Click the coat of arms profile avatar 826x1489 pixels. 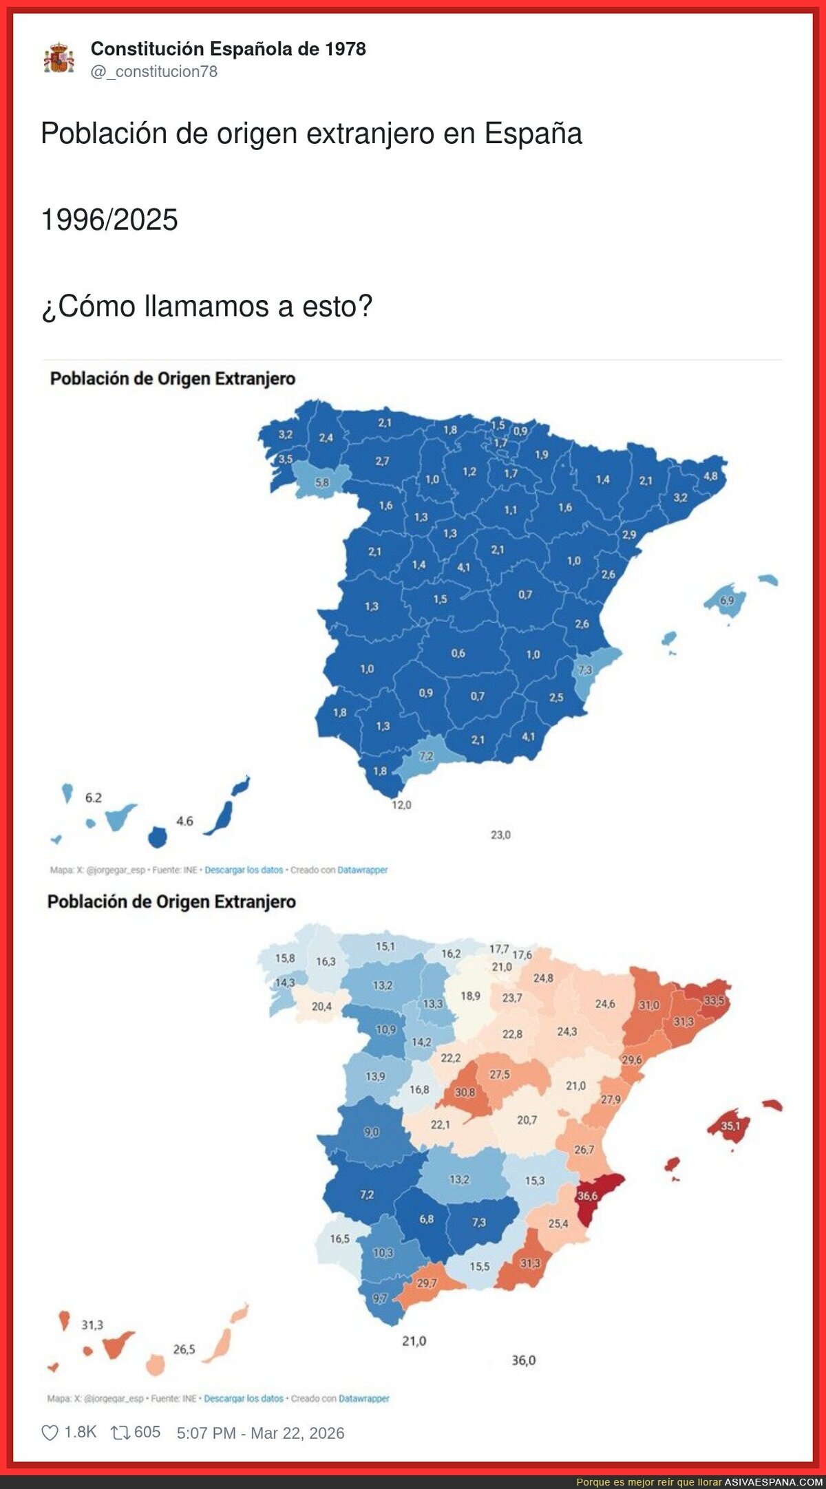[59, 58]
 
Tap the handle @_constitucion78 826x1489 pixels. [154, 72]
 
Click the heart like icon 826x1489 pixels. [50, 1433]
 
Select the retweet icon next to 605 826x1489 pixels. [120, 1433]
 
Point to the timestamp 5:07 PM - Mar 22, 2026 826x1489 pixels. [260, 1433]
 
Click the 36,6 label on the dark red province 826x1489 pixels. [587, 1196]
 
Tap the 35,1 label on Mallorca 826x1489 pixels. [730, 1126]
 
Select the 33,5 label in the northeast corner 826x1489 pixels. [714, 1000]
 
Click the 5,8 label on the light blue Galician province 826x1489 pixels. [322, 483]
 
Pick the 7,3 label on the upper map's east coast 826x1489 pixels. [584, 670]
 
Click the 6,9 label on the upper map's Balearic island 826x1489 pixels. [727, 600]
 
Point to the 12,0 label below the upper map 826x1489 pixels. [401, 804]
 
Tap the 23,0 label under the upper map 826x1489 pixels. [500, 835]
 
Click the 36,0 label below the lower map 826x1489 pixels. [523, 1360]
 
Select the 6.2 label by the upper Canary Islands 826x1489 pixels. [94, 797]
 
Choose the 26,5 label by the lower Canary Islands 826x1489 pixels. [184, 1349]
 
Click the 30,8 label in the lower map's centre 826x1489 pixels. [465, 1092]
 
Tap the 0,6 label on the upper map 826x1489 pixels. [458, 653]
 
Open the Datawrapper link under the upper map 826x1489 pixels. [363, 870]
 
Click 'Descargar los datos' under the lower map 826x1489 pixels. [244, 1398]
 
